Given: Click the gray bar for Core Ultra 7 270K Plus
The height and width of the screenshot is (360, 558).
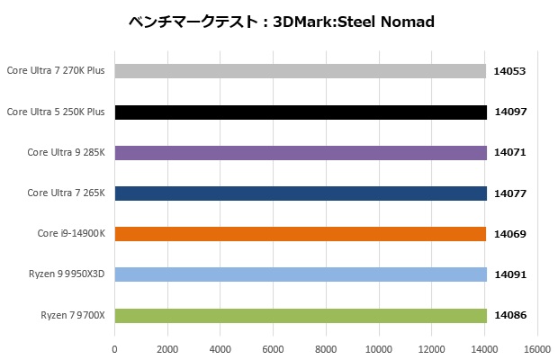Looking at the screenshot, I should coord(301,71).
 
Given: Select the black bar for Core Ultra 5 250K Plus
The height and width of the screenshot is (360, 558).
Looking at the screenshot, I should coord(301,112).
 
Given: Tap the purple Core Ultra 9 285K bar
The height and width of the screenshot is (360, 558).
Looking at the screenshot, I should coord(301,152).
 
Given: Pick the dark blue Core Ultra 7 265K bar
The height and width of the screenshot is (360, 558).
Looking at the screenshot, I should coord(301,193).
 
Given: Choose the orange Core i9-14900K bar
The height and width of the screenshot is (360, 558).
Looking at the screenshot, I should coord(301,234).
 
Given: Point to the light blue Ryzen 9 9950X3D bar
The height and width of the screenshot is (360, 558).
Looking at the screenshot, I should coord(301,274).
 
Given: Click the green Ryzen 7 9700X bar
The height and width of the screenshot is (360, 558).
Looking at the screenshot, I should coord(301,315).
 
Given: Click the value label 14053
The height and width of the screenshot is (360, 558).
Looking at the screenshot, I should coord(509,71).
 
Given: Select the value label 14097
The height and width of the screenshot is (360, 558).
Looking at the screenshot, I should coord(509,112).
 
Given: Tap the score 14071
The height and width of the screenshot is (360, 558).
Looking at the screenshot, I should coord(509,152).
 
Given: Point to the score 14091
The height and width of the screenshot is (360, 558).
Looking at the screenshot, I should coord(509,274).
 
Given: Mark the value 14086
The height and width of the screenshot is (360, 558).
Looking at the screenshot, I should coord(509,315).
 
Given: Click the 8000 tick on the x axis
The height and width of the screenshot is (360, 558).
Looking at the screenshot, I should coord(326,349).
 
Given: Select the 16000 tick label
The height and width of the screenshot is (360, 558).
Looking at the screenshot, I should coord(537,349).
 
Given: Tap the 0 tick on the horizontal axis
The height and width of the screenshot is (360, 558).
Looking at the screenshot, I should coord(114,349).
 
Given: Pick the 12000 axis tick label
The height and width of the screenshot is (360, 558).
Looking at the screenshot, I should coord(432,349).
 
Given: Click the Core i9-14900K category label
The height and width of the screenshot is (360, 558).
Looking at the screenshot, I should coord(71,234).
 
